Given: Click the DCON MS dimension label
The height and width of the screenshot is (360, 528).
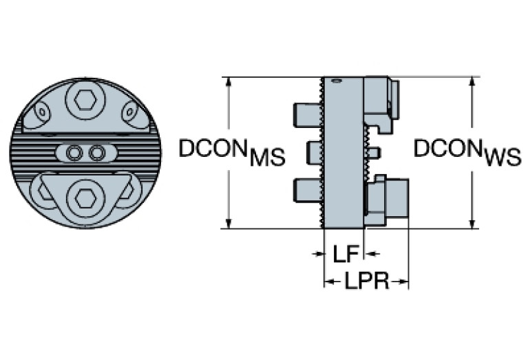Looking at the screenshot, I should coord(231,152).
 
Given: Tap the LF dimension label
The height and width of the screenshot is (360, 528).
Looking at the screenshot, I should coord(345,254).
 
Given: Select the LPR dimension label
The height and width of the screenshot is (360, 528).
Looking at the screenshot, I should coord(366,282).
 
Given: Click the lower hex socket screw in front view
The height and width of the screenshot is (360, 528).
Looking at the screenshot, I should coord(86,198).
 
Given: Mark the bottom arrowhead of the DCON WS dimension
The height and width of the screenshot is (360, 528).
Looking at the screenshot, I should coord(472,223).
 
